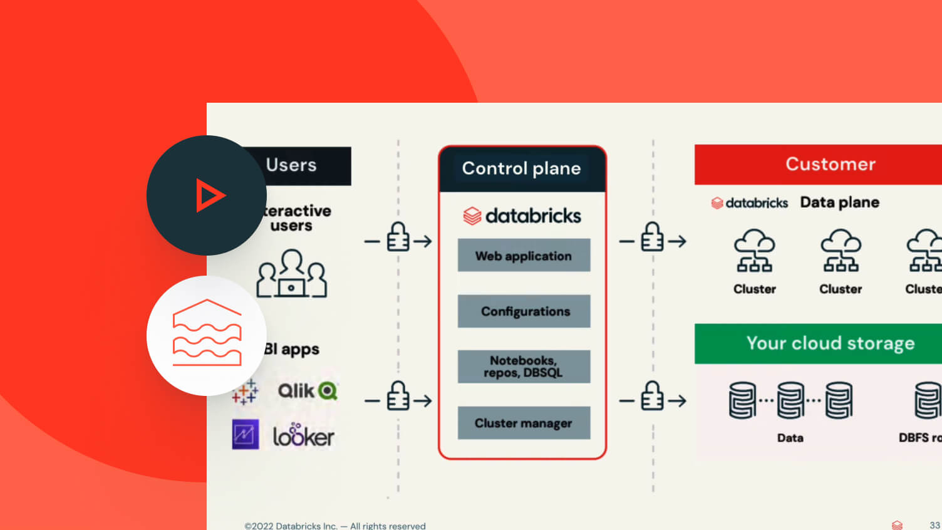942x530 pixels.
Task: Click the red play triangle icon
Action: (209, 195)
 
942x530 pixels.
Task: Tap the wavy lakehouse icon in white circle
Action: (207, 333)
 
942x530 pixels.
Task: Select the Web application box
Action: (524, 256)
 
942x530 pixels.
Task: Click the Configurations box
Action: (524, 311)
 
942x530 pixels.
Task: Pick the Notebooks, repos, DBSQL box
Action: (524, 366)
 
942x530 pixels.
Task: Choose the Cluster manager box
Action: (524, 423)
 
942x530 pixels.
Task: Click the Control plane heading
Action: (521, 168)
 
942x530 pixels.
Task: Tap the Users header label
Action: (291, 165)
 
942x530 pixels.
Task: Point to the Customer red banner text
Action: (831, 164)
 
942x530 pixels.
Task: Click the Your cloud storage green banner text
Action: (831, 343)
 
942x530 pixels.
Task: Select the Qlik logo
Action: (307, 391)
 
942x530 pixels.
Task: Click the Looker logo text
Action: (304, 437)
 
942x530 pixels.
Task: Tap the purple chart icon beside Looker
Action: (246, 434)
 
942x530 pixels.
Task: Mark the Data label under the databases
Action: (790, 438)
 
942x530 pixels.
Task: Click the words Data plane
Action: (839, 202)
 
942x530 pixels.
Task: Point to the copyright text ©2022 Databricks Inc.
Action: (334, 526)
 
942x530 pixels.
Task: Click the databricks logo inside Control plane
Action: (522, 216)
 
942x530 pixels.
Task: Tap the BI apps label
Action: (292, 349)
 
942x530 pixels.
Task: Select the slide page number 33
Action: (934, 525)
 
